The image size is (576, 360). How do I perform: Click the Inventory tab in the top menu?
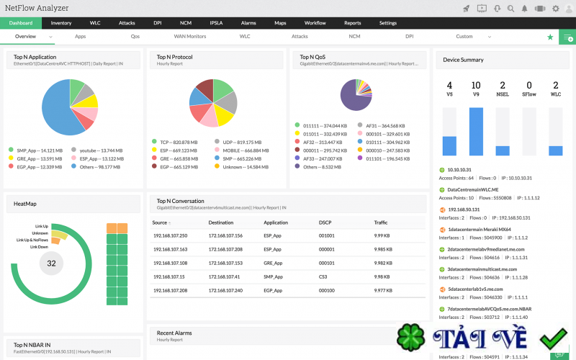point(61,23)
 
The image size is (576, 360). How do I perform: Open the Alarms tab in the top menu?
point(248,23)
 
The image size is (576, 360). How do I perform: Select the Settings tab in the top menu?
point(388,23)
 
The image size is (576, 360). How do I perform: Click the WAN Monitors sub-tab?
point(189,36)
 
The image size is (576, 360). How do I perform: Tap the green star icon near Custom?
point(550,37)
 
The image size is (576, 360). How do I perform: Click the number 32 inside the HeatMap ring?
point(51,264)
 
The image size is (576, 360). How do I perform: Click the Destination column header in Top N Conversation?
point(221,222)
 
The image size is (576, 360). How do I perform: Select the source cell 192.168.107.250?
point(170,235)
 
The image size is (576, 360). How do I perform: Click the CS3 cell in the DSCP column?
point(325,276)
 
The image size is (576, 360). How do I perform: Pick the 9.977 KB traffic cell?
point(384,290)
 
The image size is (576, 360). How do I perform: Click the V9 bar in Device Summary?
point(475,131)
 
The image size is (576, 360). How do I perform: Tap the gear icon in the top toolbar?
point(555,8)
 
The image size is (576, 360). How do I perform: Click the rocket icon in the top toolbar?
point(466,8)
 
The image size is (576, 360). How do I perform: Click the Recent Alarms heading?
point(174,333)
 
